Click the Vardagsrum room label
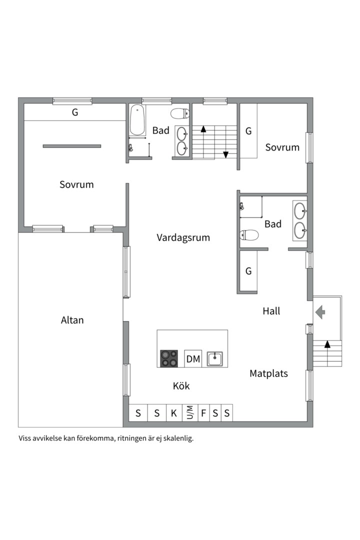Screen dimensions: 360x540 183,237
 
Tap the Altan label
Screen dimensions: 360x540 72,320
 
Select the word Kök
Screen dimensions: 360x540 181,386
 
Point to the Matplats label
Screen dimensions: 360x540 268,373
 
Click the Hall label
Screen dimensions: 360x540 271,311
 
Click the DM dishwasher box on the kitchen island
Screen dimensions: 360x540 193,359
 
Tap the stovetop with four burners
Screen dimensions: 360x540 169,358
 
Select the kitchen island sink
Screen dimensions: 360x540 214,359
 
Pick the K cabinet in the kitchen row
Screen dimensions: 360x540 174,413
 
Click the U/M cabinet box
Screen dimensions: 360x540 190,413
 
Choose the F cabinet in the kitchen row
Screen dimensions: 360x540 204,413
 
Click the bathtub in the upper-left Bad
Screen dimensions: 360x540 138,120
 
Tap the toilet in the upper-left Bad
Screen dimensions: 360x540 180,113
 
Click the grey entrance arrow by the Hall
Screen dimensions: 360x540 320,312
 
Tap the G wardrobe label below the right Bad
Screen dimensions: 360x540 248,271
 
